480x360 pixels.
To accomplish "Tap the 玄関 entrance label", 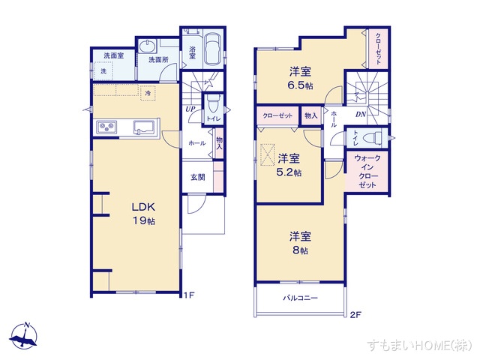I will pos(196,178).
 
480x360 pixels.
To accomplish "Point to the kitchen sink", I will pos(143,127).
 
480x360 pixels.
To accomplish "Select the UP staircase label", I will pos(190,109).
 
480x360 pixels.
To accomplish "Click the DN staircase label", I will pos(360,115).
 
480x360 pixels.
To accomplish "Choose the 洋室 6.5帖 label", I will pos(301,78).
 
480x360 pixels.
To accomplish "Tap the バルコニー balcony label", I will pos(301,298).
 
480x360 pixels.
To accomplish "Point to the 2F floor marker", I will pos(355,314).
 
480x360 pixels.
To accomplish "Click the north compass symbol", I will pos(27,335).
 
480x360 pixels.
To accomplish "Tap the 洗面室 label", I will pos(114,55).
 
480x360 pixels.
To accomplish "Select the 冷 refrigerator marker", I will pos(148,93).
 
